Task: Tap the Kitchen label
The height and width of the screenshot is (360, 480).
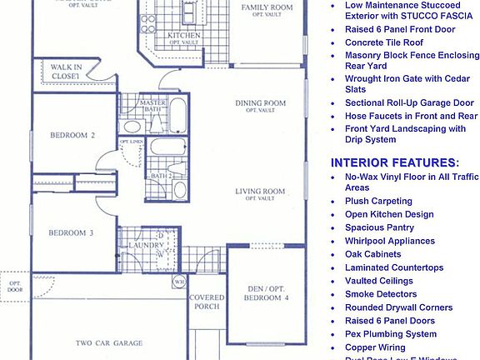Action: tap(182, 36)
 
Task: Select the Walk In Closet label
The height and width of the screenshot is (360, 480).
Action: tap(65, 72)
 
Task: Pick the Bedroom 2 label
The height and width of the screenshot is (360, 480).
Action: tap(72, 135)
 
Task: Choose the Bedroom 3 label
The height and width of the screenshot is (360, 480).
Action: tap(70, 233)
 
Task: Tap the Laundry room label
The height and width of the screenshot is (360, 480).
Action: tap(146, 245)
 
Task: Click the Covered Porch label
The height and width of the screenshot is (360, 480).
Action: tap(207, 302)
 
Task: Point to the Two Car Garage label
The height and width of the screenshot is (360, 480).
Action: tap(108, 342)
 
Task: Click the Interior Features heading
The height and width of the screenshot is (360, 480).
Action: tap(394, 162)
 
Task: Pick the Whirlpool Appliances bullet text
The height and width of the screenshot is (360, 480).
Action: tap(390, 241)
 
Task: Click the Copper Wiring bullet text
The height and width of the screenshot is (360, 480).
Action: tap(375, 347)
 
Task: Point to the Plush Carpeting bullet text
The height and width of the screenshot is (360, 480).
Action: tap(378, 201)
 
